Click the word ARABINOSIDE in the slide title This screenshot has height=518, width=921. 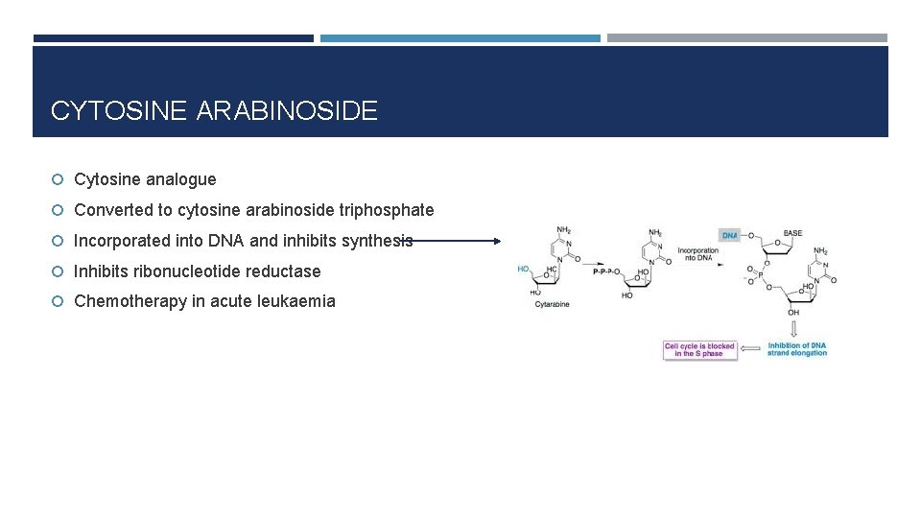[x=287, y=111]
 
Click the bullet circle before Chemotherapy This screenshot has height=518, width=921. [x=59, y=302]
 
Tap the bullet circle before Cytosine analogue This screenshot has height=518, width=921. [x=59, y=180]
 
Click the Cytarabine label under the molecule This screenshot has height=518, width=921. [x=552, y=304]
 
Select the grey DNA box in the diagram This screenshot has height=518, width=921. [x=729, y=235]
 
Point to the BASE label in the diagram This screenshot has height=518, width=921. [x=792, y=233]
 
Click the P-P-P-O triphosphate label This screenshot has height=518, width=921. [x=608, y=271]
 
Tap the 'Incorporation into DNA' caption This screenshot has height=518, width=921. [x=697, y=253]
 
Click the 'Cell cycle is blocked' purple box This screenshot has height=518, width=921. [x=699, y=349]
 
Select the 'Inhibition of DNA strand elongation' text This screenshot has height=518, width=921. [x=797, y=349]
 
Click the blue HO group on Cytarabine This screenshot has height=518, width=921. [x=524, y=269]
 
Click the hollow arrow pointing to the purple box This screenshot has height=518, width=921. [x=751, y=349]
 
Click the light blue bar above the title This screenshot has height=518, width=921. [x=460, y=38]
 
